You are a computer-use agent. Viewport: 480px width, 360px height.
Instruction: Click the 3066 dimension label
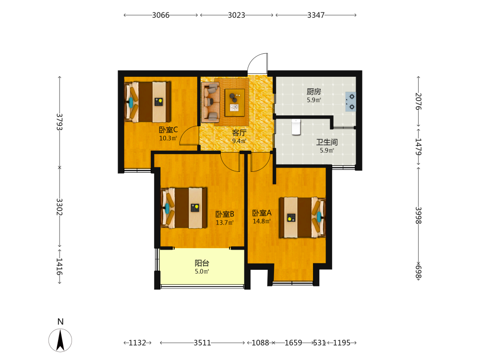pyautogui.click(x=161, y=15)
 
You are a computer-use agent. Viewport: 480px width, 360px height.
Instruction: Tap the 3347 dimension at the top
pyautogui.click(x=316, y=15)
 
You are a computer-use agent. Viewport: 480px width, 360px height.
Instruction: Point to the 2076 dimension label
pyautogui.click(x=419, y=101)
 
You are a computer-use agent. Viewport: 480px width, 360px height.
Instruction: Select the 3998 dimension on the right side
pyautogui.click(x=419, y=215)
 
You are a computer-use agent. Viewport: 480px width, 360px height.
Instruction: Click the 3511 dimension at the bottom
pyautogui.click(x=203, y=343)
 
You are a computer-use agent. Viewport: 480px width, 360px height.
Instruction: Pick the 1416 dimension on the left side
pyautogui.click(x=60, y=266)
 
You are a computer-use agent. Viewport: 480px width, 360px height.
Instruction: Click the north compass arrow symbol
pyautogui.click(x=60, y=340)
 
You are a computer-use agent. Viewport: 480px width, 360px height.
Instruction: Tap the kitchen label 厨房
pyautogui.click(x=314, y=92)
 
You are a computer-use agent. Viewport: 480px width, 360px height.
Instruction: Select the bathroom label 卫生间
pyautogui.click(x=327, y=142)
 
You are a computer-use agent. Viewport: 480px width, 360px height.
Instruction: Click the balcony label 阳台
pyautogui.click(x=202, y=263)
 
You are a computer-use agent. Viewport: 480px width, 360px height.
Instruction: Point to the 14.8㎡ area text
pyautogui.click(x=262, y=221)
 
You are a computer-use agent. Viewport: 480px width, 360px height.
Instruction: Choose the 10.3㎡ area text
pyautogui.click(x=168, y=138)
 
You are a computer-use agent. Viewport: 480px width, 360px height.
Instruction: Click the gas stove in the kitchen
pyautogui.click(x=351, y=101)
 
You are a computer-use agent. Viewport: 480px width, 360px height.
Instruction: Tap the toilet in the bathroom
pyautogui.click(x=296, y=127)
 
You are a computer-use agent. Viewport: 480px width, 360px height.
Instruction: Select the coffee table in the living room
pyautogui.click(x=235, y=103)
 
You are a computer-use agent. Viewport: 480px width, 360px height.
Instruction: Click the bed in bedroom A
pyautogui.click(x=302, y=217)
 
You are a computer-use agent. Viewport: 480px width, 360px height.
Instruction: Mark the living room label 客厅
pyautogui.click(x=239, y=133)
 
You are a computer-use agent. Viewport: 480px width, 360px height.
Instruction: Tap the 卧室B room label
pyautogui.click(x=225, y=214)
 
